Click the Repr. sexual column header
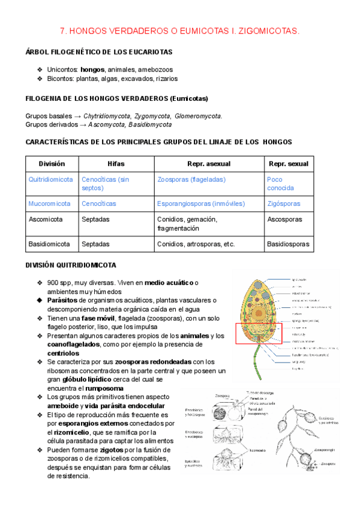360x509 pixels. point(288,163)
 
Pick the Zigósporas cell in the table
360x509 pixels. point(284,203)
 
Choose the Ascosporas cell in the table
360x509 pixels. point(286,220)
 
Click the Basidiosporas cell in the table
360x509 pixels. point(288,244)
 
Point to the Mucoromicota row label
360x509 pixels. point(50,203)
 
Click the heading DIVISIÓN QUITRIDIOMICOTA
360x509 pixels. point(71,265)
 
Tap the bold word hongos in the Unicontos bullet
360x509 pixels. point(92,70)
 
